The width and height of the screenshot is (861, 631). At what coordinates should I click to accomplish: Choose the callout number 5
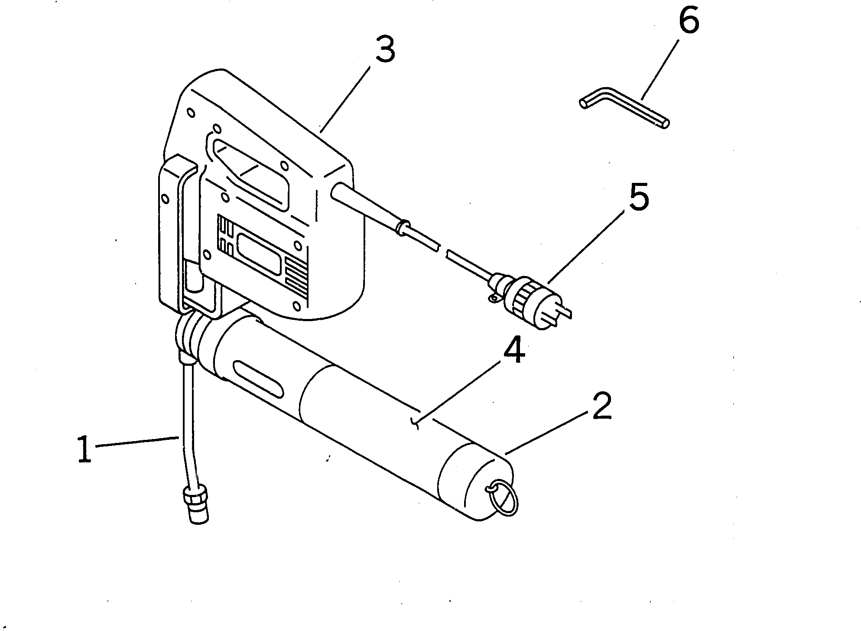point(638,198)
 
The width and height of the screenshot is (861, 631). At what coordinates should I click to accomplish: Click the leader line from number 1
point(136,442)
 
